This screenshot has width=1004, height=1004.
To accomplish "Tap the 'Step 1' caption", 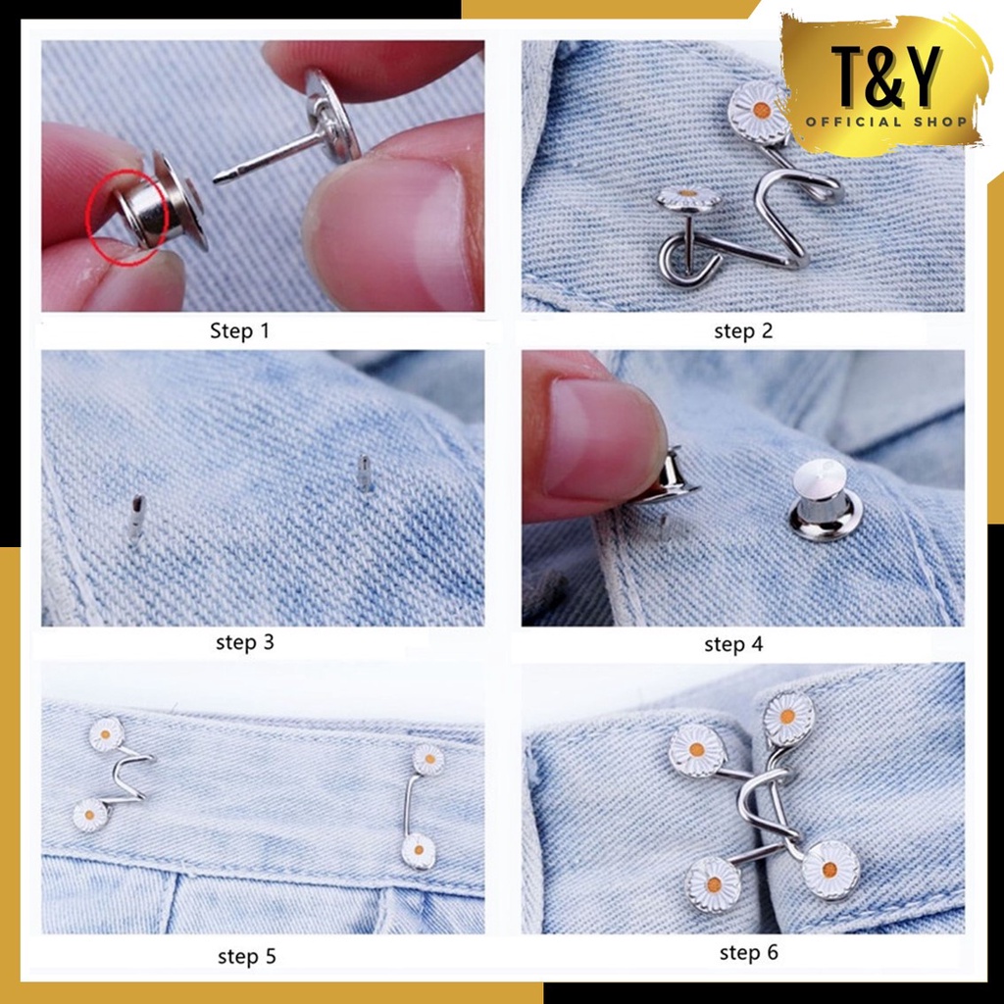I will (x=239, y=330).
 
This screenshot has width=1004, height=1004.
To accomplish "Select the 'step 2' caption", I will (x=743, y=330).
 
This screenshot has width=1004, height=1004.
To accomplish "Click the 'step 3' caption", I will (x=244, y=643).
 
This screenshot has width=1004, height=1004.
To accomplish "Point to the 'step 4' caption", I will (x=733, y=644).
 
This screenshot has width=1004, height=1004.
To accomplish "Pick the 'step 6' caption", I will (x=748, y=952).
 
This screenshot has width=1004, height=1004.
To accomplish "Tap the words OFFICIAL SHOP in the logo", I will (x=887, y=123).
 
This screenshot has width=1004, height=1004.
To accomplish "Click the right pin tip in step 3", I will (x=365, y=473).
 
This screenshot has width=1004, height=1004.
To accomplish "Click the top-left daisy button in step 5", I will (x=106, y=734).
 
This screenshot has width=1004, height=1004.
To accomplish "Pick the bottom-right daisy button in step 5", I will (x=418, y=850).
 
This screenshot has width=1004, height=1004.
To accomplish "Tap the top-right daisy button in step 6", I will (x=788, y=719).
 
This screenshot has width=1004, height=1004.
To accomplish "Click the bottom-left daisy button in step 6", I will (x=713, y=883).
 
